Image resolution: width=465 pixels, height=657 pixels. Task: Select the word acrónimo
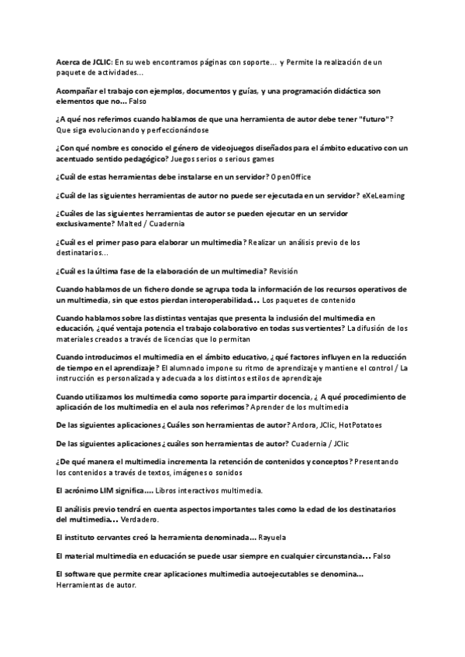coord(77,490)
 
